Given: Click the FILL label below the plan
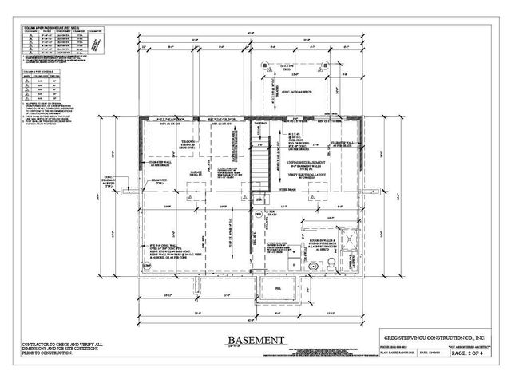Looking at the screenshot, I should click(x=277, y=288).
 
